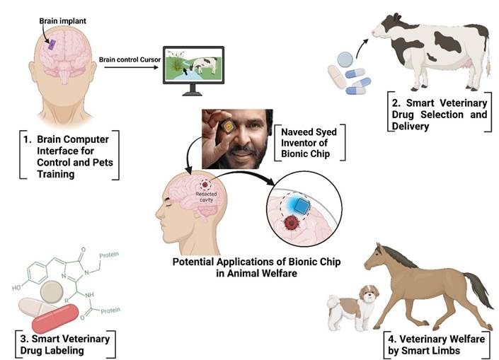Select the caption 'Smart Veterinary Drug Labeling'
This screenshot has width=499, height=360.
pyautogui.click(x=60, y=343)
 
